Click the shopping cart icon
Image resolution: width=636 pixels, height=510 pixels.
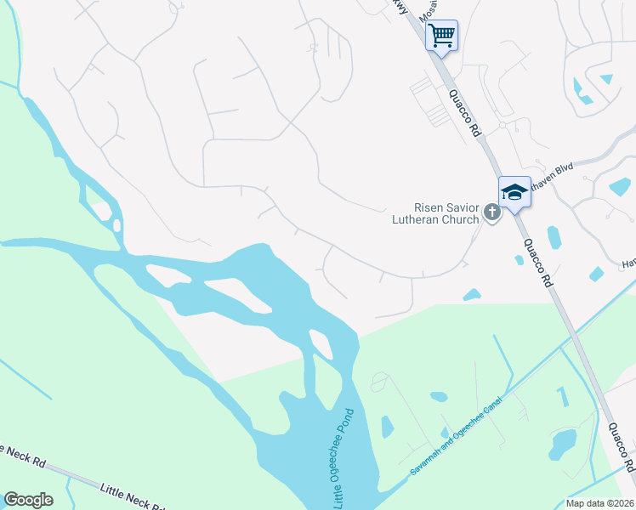(441, 36)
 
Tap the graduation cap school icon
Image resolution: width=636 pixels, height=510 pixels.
(514, 192)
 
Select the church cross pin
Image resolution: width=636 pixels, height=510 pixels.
(491, 212)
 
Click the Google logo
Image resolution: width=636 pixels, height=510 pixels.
(28, 500)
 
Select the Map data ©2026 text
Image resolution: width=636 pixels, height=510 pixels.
(600, 502)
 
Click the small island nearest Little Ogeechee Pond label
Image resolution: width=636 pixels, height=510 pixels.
(321, 344)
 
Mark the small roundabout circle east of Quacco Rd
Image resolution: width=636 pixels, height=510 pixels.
(503, 125)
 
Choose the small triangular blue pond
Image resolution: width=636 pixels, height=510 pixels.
(606, 80)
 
